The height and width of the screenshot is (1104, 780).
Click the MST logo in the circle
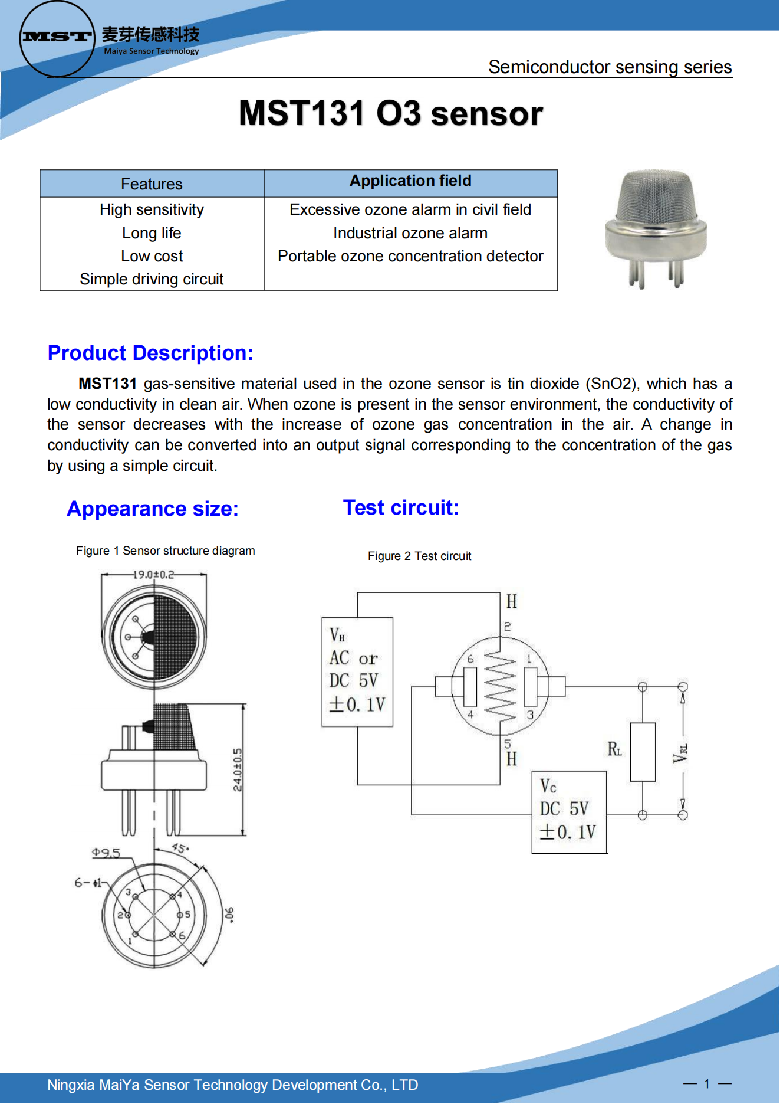point(57,37)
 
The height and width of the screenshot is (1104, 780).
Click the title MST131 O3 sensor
point(390,113)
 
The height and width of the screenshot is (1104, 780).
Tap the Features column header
point(152,184)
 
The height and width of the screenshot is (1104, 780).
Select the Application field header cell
point(410,181)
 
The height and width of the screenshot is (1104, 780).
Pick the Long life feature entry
point(152,233)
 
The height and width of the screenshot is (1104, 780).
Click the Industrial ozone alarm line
point(410,233)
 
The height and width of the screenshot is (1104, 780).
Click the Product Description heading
point(150,353)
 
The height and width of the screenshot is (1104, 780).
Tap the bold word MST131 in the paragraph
point(107,384)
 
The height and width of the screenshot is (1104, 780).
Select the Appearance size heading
point(153,509)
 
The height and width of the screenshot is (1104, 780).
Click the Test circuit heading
point(401,507)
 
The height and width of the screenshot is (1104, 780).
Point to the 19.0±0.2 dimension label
point(153,574)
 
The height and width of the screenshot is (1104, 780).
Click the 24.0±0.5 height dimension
point(237,769)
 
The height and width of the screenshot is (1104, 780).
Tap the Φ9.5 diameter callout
point(106,853)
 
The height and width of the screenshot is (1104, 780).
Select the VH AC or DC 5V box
point(357,671)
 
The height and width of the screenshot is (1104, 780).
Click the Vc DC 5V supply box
point(569,812)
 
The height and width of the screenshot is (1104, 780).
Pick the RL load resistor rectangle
point(643,752)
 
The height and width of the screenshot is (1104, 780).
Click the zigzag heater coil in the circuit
point(500,686)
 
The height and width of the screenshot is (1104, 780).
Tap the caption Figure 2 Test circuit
point(419,556)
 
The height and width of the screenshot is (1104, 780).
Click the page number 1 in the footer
point(707,1083)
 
